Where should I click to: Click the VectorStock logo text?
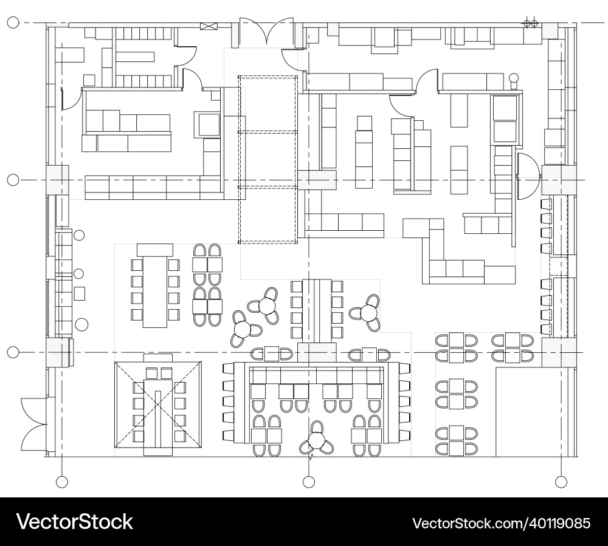coord(74,522)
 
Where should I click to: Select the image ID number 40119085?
coord(501,522)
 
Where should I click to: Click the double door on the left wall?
coord(33,422)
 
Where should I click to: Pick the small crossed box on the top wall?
coord(209,26)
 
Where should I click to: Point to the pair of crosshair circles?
coord(530,23)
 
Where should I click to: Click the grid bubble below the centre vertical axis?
coord(309,482)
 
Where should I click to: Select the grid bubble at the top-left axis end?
coord(13,23)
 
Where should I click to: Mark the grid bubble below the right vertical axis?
coord(561,482)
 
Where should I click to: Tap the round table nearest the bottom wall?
coord(316,442)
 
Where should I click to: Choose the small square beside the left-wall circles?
coord(80,294)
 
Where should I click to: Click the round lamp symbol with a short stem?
coord(514,79)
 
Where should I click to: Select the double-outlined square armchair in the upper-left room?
coord(207,124)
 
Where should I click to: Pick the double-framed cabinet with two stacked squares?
coord(505,120)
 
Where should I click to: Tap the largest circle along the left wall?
coord(81,324)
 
